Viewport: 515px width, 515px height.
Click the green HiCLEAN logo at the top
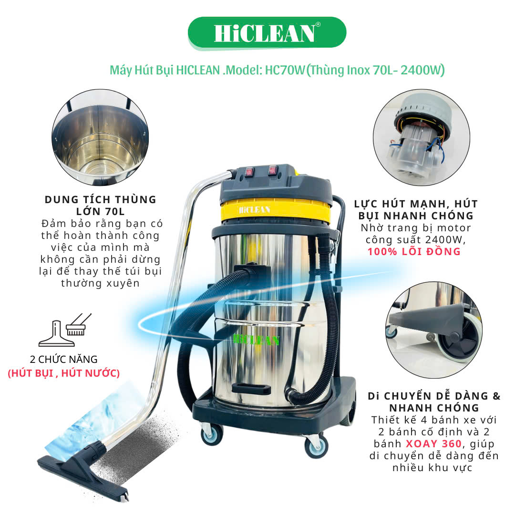pos(267,33)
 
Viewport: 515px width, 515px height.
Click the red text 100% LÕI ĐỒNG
pos(414,252)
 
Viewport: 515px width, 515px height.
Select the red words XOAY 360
pos(434,444)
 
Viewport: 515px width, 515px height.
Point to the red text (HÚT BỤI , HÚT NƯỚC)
pos(64,373)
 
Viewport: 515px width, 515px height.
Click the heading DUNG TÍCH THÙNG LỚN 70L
pos(101,205)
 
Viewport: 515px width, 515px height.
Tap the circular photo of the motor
pos(422,137)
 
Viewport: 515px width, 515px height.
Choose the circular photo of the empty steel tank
pos(100,137)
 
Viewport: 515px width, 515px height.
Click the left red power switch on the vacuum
pos(249,171)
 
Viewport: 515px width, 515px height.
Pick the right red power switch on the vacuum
pos(273,170)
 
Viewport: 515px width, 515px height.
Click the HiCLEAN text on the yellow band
pos(255,210)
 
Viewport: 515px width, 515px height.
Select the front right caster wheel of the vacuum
pos(316,446)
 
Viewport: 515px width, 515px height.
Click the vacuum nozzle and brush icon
pos(65,330)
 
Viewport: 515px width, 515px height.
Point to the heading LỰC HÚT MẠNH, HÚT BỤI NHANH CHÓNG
pos(416,209)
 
